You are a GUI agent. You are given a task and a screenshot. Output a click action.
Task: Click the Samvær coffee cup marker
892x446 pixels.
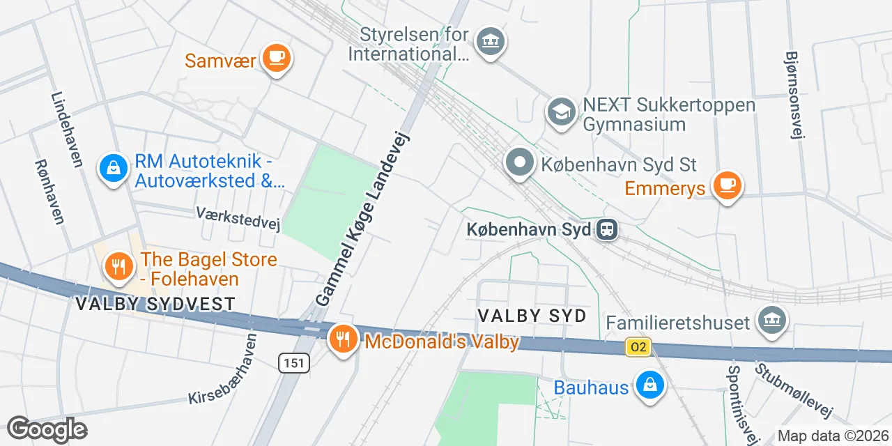coord(276,58)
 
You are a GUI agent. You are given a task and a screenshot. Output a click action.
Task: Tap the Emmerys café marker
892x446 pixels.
coord(728,185)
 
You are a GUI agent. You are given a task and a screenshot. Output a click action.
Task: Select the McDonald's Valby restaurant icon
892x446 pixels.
coord(341,339)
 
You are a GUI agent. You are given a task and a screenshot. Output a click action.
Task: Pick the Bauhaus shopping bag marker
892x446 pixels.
coord(649,385)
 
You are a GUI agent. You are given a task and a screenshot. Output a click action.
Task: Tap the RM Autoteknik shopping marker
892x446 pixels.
coord(113,167)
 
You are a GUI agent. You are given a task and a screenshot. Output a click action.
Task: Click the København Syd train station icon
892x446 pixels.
coord(607,229)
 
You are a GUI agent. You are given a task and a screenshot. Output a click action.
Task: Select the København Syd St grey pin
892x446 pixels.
coord(519,163)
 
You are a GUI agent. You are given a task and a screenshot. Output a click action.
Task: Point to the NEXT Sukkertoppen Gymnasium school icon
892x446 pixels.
coord(561,112)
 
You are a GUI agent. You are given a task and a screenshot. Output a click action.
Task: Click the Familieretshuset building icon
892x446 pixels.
coord(772,321)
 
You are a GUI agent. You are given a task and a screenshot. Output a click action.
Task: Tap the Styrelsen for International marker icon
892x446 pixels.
coord(490,42)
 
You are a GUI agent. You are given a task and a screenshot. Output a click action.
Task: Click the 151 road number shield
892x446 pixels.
coord(293,362)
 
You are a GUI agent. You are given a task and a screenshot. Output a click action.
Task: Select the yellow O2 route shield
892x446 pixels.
coord(638,346)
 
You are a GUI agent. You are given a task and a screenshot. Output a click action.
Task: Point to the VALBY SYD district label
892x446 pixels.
coord(532,316)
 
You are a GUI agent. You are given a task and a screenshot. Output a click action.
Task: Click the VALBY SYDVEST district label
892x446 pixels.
coord(154,304)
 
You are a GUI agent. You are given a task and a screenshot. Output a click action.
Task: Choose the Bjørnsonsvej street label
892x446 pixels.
coord(794,95)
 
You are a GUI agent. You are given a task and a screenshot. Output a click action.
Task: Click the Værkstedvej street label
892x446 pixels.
coord(238,217)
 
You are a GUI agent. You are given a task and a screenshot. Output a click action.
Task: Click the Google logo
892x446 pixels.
coord(47,429)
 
